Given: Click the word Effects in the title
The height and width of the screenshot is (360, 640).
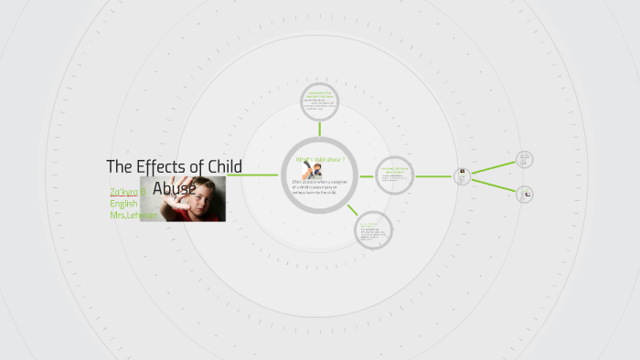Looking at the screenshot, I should point(165,167).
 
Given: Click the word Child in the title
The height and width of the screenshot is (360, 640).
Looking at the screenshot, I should point(223,167).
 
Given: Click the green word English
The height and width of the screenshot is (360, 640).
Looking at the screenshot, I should point(123,204).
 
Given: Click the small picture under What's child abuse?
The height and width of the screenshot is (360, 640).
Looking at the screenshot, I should point(312,171).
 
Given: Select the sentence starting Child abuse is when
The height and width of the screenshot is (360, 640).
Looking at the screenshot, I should point(319,185).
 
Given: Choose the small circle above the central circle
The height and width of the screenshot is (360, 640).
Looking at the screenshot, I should point(319,102).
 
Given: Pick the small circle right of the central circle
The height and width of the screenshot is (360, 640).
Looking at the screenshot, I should point(394,174).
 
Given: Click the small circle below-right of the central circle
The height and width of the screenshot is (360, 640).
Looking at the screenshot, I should point(373,228).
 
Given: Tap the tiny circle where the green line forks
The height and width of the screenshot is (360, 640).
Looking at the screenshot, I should point(463,175).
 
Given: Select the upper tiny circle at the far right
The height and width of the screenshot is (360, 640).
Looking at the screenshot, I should point(524,160).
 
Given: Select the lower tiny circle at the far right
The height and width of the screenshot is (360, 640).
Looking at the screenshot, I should point(525,194).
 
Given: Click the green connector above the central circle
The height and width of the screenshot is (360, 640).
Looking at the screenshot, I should point(319,129).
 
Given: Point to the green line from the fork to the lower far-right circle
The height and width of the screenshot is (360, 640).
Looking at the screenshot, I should point(494,184).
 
